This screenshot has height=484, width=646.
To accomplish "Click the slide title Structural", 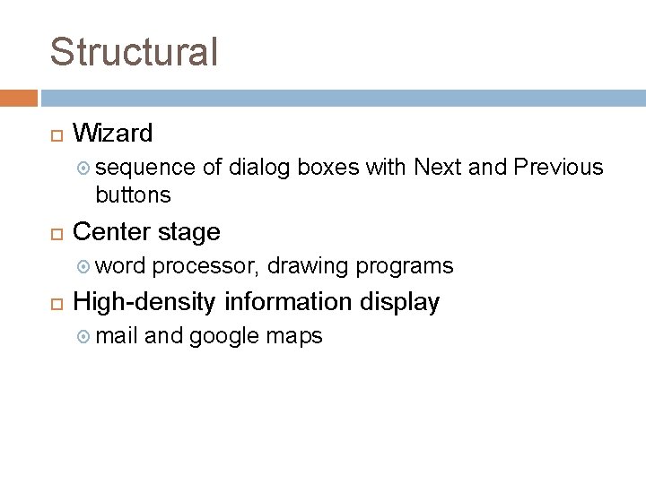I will (134, 52).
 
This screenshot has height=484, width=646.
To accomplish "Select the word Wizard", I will (112, 134).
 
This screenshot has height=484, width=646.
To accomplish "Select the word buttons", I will (133, 194).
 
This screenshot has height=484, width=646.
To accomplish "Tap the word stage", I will (188, 233).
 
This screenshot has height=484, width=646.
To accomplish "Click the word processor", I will (205, 266).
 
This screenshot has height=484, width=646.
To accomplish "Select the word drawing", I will (308, 266).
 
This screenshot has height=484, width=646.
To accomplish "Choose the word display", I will (399, 303).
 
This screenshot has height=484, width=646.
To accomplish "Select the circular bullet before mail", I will (83, 337).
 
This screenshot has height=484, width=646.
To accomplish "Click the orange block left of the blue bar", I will (18, 97).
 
